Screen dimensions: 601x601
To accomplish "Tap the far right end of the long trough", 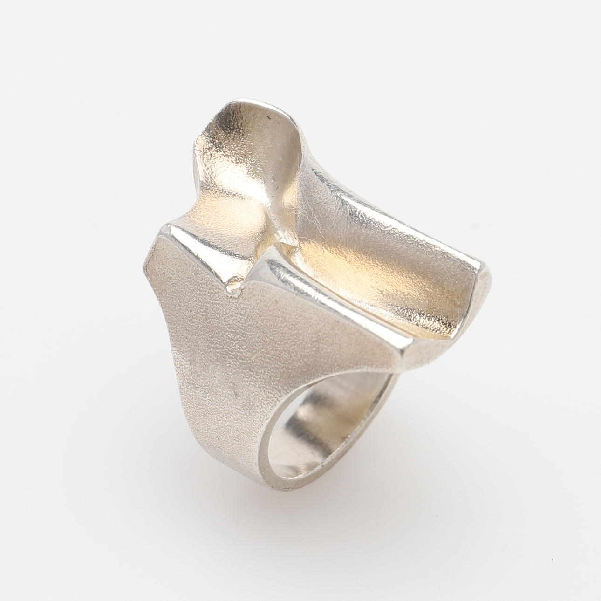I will pos(485,289).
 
